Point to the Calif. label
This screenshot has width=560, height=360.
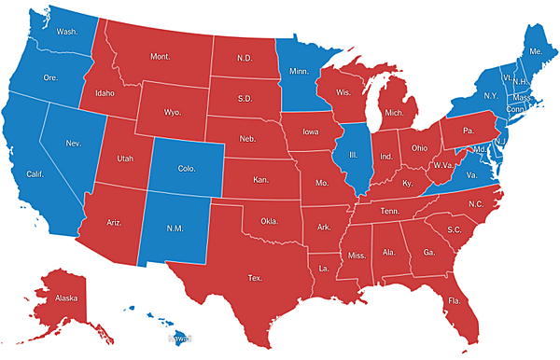[x=35, y=174]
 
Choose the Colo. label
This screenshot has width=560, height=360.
[x=185, y=169]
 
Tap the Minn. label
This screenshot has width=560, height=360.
[x=299, y=71]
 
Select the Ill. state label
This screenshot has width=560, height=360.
[x=355, y=156]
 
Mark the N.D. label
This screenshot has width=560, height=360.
[x=245, y=58]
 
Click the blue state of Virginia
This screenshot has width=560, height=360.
[x=471, y=175]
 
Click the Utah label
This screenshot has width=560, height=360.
[x=125, y=159]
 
